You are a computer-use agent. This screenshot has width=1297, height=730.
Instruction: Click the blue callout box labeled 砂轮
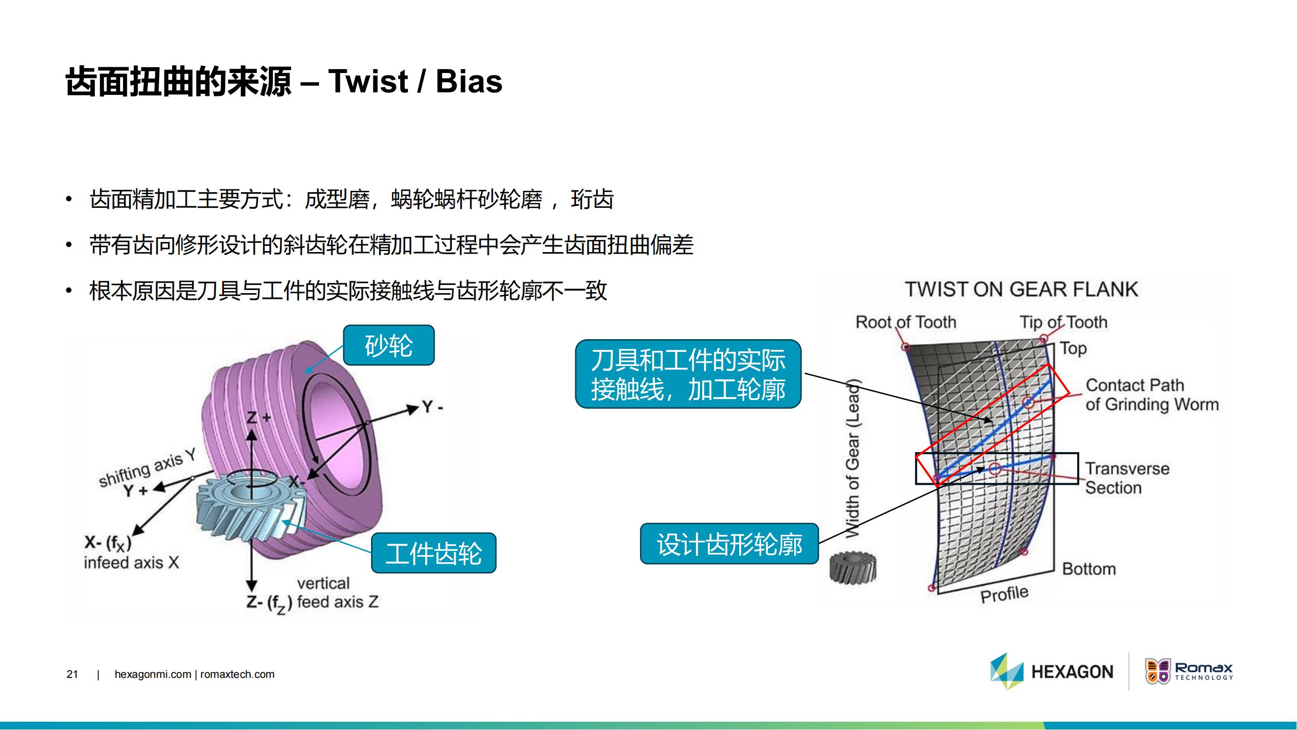[x=388, y=345]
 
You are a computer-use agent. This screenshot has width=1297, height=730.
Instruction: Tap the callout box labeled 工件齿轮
[x=433, y=553]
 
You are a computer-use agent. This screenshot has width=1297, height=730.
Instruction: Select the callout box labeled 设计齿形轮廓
[x=729, y=544]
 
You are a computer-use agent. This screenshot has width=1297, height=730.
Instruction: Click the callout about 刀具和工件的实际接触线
[x=688, y=374]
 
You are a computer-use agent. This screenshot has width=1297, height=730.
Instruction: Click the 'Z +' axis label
[x=258, y=418]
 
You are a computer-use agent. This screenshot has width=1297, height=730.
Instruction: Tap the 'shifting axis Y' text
[x=147, y=469]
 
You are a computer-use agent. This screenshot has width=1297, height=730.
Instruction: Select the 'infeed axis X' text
[x=131, y=562]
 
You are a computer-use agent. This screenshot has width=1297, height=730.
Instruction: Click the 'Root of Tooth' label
[x=906, y=322]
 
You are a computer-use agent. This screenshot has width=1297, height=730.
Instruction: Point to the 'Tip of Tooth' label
[x=1064, y=322]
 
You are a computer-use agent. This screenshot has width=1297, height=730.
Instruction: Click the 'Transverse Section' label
[x=1127, y=477]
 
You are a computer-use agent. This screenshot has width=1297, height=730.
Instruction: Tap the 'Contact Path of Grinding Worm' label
[x=1152, y=395]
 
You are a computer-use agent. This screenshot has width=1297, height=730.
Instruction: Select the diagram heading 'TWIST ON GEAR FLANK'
[x=1021, y=289]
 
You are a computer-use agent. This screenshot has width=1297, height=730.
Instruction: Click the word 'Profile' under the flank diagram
[x=1004, y=595]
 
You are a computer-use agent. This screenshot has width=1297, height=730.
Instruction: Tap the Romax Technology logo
[x=1189, y=672]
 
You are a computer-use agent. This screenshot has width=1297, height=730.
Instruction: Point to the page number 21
[x=72, y=674]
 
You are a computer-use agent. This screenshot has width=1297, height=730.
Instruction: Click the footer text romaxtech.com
[x=237, y=674]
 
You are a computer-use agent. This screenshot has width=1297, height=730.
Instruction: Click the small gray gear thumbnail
[x=853, y=567]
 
